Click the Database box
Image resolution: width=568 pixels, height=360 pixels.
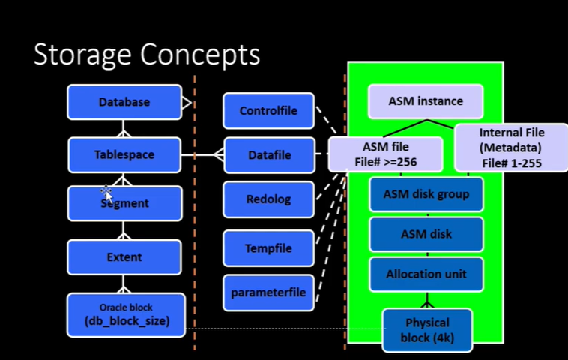click(x=124, y=102)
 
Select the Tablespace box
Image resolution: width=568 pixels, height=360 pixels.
click(x=124, y=154)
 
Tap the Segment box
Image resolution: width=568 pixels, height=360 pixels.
click(x=124, y=203)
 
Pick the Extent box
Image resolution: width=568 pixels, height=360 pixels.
click(x=124, y=257)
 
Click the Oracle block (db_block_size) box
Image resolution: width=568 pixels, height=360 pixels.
click(x=126, y=315)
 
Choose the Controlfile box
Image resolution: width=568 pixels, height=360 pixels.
click(x=268, y=110)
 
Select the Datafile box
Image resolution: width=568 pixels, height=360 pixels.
click(x=270, y=155)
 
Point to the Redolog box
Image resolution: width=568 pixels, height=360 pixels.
click(x=268, y=199)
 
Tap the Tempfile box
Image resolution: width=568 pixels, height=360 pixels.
click(x=268, y=248)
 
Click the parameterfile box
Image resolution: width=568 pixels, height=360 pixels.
click(x=268, y=292)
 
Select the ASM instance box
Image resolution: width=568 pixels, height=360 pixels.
click(x=426, y=101)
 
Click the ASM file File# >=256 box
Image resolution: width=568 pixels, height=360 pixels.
click(x=385, y=154)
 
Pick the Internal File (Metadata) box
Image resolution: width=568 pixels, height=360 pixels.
click(x=512, y=148)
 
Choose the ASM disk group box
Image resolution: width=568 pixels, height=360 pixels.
click(x=426, y=194)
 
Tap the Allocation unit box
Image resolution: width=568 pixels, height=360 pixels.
click(x=426, y=274)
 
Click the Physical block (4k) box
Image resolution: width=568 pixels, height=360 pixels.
click(x=427, y=330)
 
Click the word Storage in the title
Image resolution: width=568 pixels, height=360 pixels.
click(x=82, y=55)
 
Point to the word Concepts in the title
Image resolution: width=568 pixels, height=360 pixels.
click(x=200, y=55)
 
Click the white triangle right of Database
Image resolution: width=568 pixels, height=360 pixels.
click(x=186, y=103)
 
